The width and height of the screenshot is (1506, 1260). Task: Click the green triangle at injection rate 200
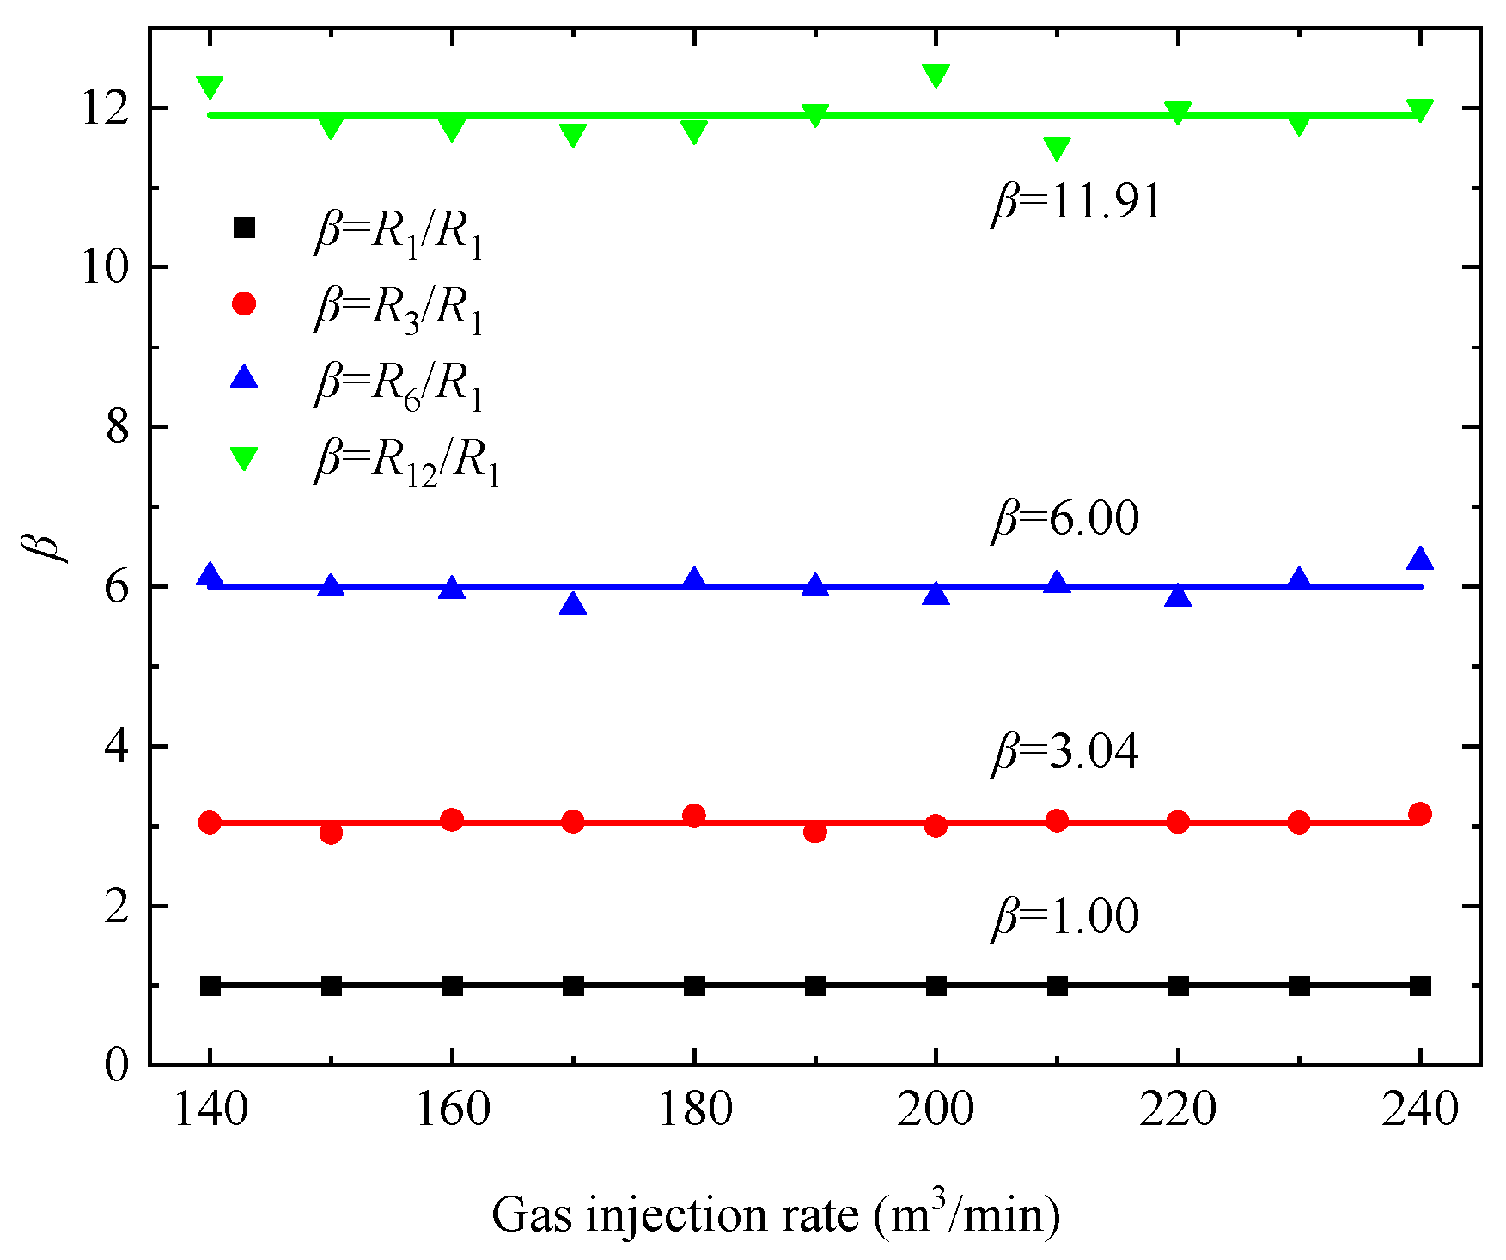[936, 75]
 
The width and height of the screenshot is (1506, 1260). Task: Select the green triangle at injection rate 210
[1057, 147]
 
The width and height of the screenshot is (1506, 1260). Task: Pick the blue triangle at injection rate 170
[573, 605]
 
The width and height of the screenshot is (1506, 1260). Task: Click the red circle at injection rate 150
[331, 832]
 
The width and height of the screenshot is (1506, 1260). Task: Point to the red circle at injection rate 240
[1420, 813]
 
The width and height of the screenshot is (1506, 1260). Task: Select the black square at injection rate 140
[210, 985]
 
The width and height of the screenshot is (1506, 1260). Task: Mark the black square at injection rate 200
[936, 985]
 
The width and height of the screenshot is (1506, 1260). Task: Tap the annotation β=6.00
[1065, 519]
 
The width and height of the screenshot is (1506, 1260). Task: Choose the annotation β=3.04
[1065, 752]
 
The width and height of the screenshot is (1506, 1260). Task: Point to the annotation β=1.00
[1065, 916]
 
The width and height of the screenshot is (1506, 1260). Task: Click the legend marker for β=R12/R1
[245, 457]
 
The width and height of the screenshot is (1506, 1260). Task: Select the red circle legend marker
[245, 303]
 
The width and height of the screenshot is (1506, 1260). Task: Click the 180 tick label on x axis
[694, 1110]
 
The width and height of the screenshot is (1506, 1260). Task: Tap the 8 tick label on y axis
[118, 427]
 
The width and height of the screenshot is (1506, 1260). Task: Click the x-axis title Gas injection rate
[775, 1214]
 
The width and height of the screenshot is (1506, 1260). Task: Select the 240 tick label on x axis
[1419, 1110]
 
